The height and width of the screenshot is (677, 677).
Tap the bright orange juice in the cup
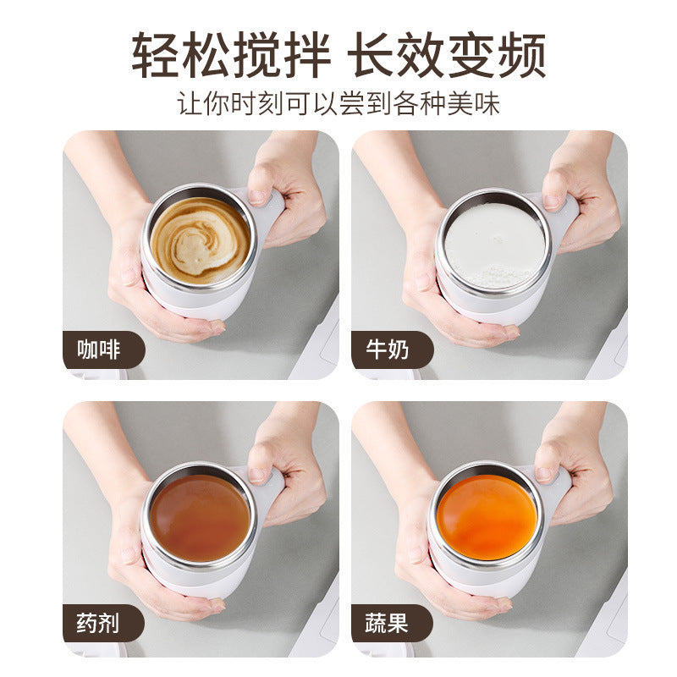(488, 516)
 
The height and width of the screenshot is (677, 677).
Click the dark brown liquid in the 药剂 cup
(200, 516)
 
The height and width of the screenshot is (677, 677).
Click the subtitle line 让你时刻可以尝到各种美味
(338, 104)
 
